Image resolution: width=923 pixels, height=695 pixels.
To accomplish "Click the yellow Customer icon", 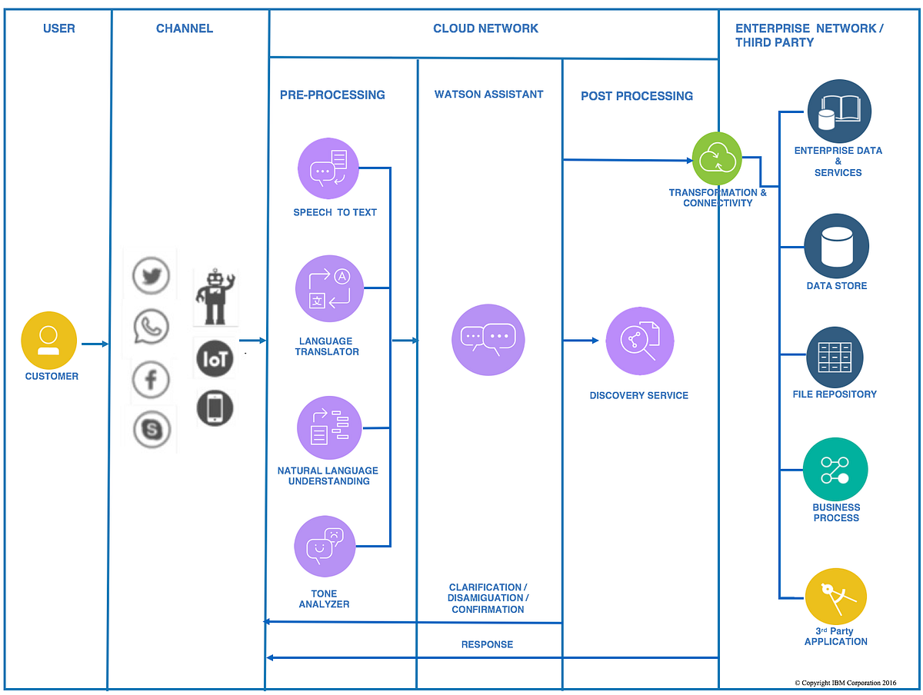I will click(x=48, y=340).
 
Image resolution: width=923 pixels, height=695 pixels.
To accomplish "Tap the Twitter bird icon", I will click(x=151, y=276).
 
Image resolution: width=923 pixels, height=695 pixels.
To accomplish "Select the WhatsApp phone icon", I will click(x=151, y=327).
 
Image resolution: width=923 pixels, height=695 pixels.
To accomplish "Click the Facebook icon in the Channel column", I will click(x=151, y=379).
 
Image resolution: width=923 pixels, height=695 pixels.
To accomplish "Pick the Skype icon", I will click(x=152, y=429).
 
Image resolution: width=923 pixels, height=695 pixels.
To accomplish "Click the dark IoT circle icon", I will click(x=215, y=358).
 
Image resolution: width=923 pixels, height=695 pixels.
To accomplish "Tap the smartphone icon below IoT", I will click(x=215, y=408).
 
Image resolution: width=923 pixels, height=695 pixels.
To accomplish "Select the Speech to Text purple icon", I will click(x=328, y=168).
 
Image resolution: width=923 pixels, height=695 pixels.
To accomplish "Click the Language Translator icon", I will click(x=328, y=288).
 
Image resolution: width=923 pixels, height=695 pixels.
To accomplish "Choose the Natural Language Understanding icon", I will click(x=328, y=427).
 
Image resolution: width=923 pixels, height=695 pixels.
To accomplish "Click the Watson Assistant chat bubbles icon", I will click(x=488, y=339).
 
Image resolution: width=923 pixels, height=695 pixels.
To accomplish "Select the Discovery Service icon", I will click(x=640, y=341).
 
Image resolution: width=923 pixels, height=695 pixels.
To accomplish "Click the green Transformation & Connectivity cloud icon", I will click(x=717, y=158).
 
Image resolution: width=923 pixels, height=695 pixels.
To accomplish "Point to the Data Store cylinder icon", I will click(x=837, y=246).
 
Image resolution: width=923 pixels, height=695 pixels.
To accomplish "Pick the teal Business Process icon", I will click(x=835, y=470).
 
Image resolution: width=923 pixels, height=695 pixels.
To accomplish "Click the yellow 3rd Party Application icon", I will click(x=836, y=597).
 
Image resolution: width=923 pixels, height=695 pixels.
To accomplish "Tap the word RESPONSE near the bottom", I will click(x=487, y=644).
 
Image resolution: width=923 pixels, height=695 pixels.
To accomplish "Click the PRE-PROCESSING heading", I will click(x=332, y=95).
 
